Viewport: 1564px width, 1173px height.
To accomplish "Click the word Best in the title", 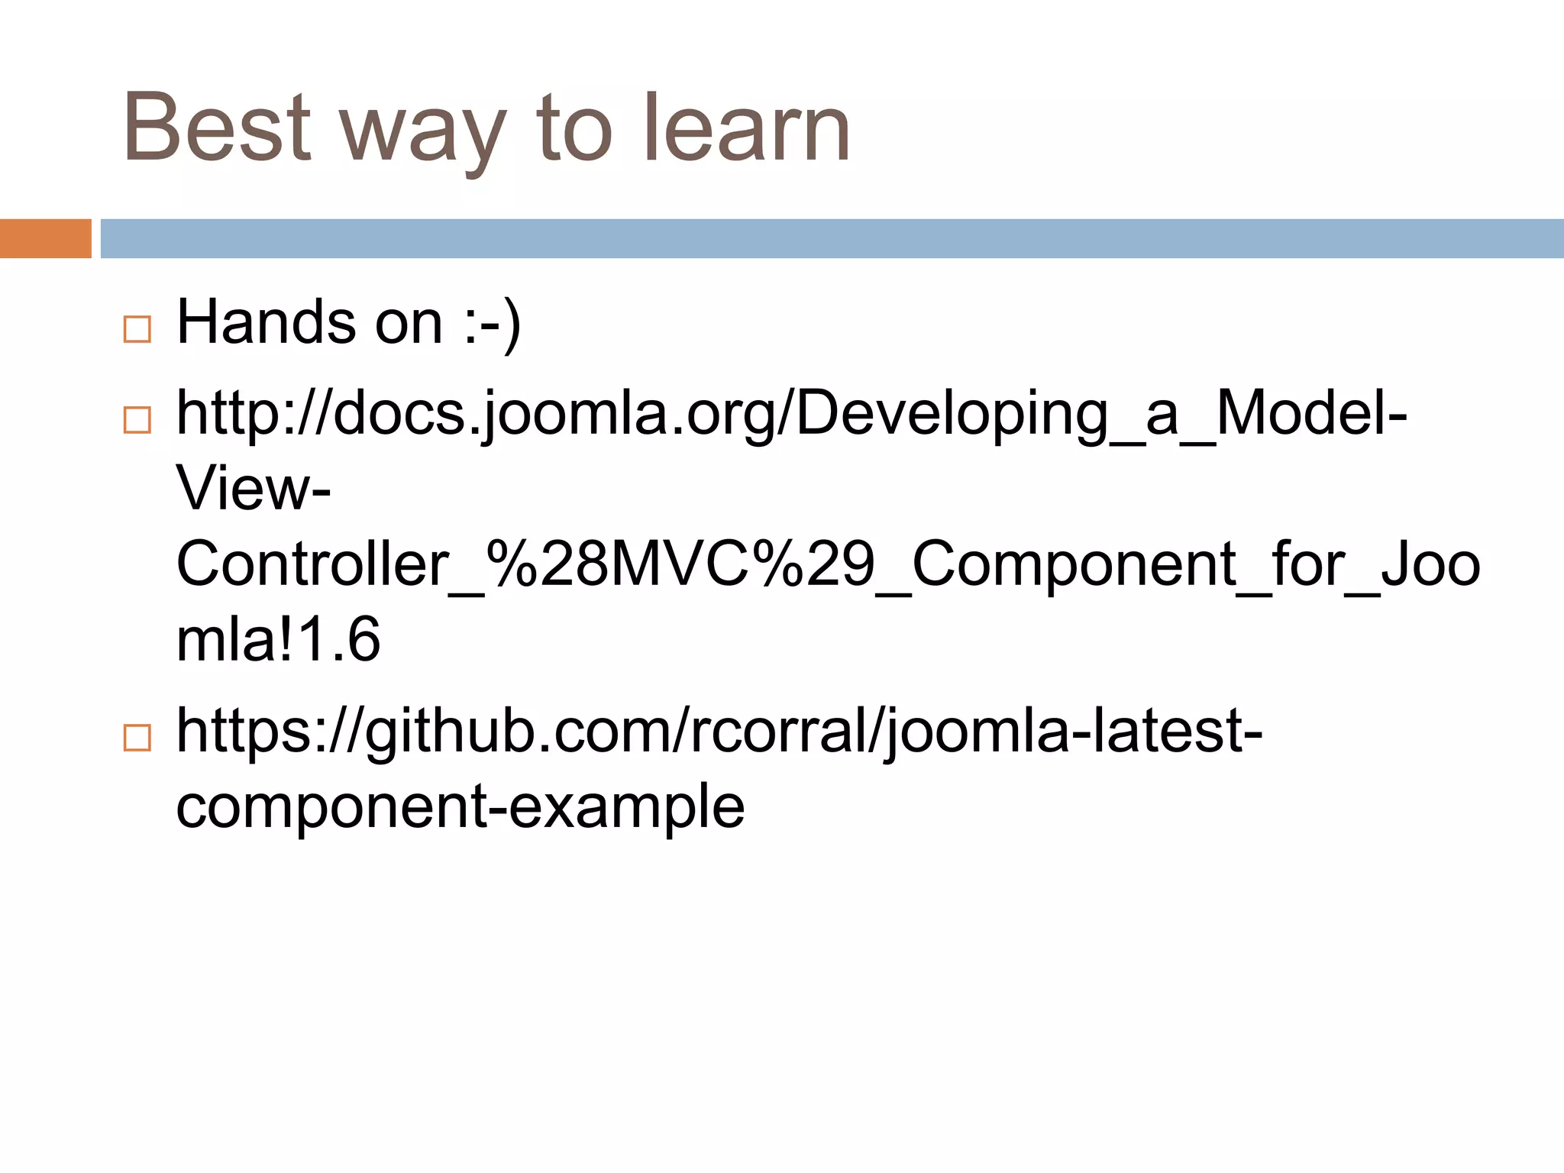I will (218, 128).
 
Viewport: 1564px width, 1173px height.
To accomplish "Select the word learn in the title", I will (746, 128).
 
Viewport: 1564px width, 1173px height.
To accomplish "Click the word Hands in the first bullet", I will (266, 322).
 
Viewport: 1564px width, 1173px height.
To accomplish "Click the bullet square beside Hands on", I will (137, 329).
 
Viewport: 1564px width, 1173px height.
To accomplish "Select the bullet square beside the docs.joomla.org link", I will (137, 420).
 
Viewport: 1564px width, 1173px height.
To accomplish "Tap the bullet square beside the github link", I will (137, 738).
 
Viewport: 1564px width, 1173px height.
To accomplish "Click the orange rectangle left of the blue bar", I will (45, 238).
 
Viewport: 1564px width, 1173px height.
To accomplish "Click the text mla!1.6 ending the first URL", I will (278, 639).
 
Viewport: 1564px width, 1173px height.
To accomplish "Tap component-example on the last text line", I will (460, 806).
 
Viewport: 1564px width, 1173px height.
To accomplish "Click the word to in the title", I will (574, 128).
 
